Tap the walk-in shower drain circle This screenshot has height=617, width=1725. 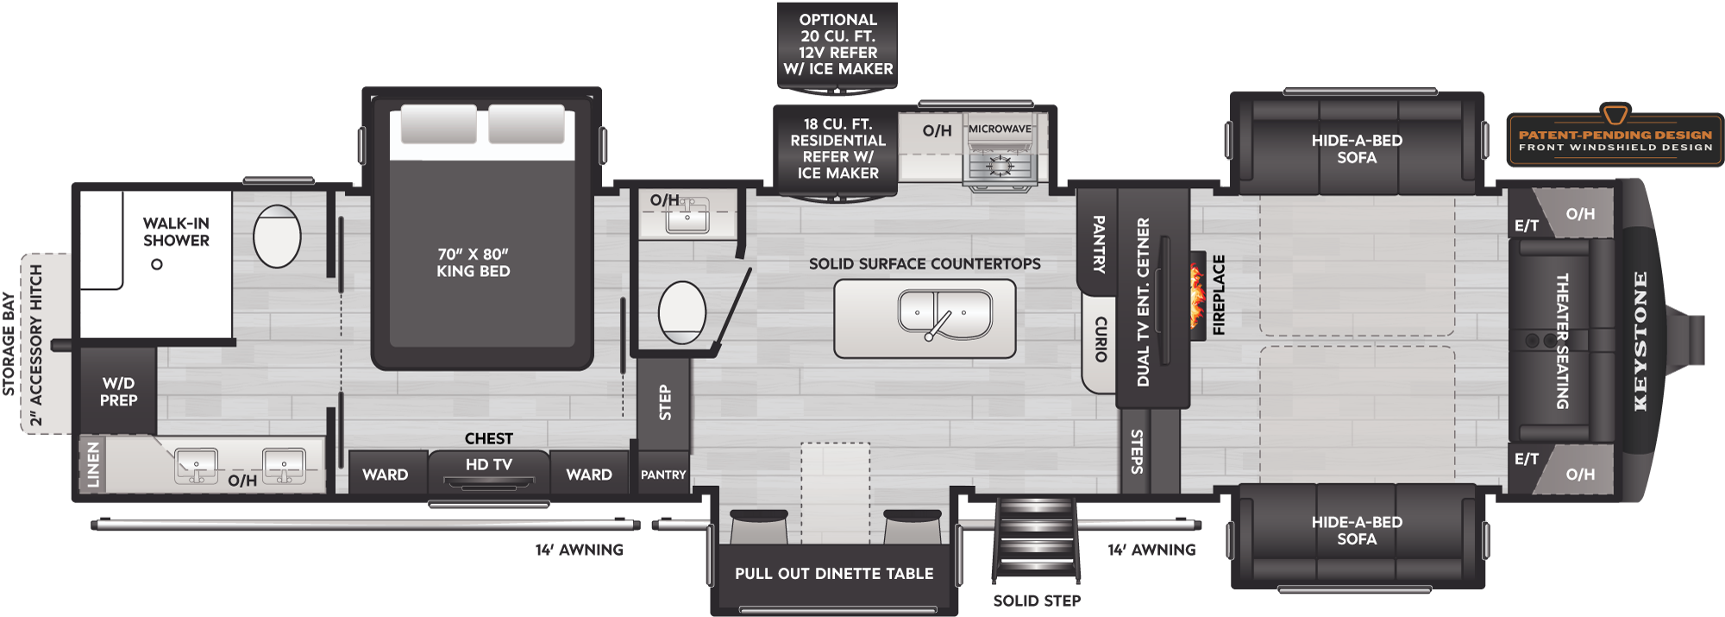pyautogui.click(x=157, y=264)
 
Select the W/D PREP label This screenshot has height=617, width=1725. pyautogui.click(x=118, y=392)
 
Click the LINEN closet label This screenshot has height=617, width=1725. pyautogui.click(x=93, y=465)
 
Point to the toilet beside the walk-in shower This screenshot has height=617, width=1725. pyautogui.click(x=277, y=236)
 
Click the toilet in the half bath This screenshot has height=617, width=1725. pyautogui.click(x=682, y=312)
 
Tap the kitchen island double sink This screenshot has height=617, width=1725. pyautogui.click(x=945, y=314)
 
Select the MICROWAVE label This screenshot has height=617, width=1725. pyautogui.click(x=1000, y=129)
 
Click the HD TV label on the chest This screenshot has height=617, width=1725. pyautogui.click(x=489, y=464)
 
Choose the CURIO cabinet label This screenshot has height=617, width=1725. pyautogui.click(x=1101, y=339)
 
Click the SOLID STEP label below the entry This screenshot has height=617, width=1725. pyautogui.click(x=1037, y=601)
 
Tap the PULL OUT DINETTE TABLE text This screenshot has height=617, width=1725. pyautogui.click(x=834, y=573)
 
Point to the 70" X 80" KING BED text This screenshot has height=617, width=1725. pyautogui.click(x=474, y=262)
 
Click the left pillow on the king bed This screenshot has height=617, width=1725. pyautogui.click(x=438, y=124)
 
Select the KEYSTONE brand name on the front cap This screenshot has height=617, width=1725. pyautogui.click(x=1640, y=341)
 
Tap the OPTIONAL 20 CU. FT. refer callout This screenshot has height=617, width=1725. pyautogui.click(x=837, y=44)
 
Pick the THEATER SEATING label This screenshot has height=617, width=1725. pyautogui.click(x=1562, y=341)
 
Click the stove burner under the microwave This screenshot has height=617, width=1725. pyautogui.click(x=1000, y=164)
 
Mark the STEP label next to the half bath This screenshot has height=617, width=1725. pyautogui.click(x=665, y=403)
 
